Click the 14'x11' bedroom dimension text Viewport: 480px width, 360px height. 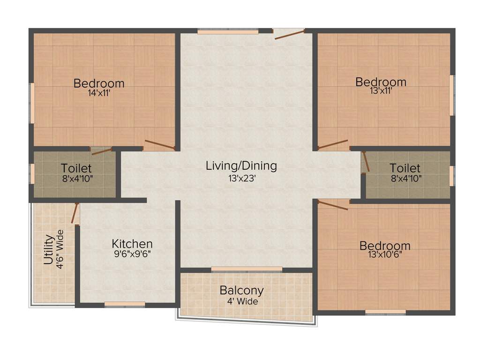99,93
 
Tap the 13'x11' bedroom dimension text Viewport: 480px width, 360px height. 381,91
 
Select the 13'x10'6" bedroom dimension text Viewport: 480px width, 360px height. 385,255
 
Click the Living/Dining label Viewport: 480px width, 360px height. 241,165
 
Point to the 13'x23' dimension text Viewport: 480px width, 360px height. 241,178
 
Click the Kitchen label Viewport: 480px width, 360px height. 132,244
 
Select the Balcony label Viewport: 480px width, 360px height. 241,290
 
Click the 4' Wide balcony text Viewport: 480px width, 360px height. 241,301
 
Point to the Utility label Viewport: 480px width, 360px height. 48,250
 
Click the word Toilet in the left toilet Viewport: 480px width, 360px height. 76,168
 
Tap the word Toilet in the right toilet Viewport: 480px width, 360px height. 405,168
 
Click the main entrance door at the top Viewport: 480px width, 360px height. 290,34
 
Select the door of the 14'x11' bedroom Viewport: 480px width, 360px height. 160,145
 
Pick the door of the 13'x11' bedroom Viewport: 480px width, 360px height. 333,144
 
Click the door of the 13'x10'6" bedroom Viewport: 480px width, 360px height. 333,205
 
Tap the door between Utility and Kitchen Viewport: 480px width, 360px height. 74,213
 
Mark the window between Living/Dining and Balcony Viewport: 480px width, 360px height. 247,269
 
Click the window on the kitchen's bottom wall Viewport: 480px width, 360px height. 125,304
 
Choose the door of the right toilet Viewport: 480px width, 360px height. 366,162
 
